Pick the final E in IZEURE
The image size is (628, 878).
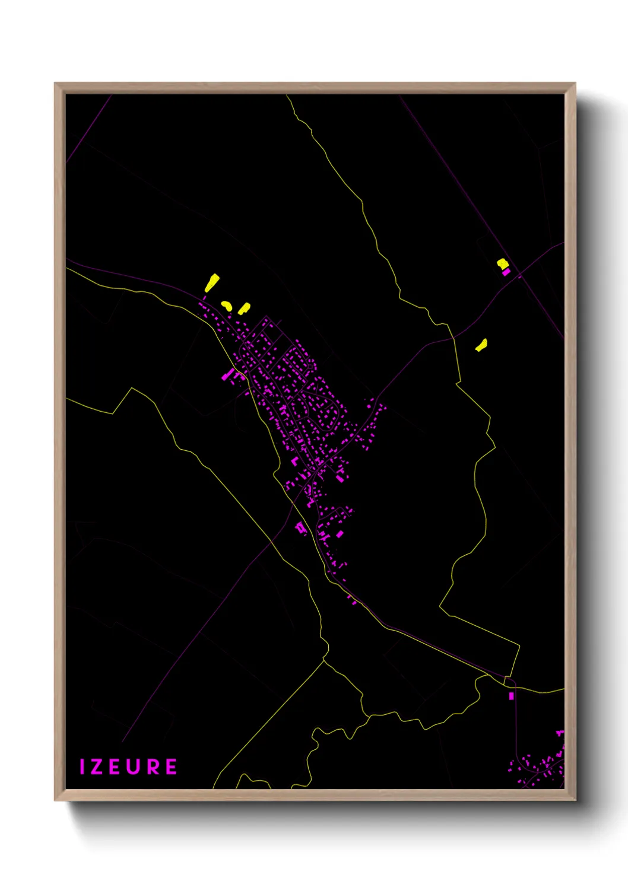(x=171, y=766)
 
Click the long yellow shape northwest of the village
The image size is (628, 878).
(x=212, y=283)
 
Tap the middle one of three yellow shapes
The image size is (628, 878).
(x=226, y=306)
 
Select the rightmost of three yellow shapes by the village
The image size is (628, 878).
(x=243, y=308)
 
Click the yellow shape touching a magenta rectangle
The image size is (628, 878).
(x=502, y=263)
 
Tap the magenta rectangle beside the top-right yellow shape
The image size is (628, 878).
(x=506, y=272)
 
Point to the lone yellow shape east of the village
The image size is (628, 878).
(x=481, y=345)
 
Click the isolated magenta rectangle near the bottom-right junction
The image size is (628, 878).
(x=511, y=696)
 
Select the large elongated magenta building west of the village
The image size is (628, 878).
(x=227, y=375)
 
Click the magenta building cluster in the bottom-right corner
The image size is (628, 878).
(x=540, y=765)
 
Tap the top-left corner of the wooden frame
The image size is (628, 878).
(x=56, y=84)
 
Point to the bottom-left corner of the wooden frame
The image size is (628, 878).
(x=56, y=799)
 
